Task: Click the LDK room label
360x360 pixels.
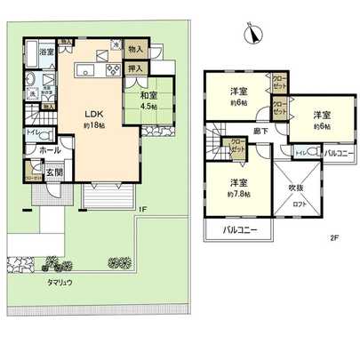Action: coord(94,113)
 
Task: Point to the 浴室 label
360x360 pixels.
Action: coord(46,53)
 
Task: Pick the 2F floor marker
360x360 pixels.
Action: coord(334,237)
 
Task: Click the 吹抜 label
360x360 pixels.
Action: coord(295,188)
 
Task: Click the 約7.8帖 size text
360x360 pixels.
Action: coord(237,194)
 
